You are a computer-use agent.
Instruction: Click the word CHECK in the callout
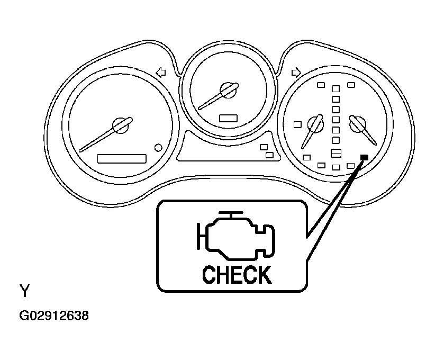point(237,275)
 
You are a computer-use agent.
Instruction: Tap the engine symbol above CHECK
point(236,236)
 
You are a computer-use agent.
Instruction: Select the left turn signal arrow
point(161,73)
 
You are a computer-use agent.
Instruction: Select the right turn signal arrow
point(296,73)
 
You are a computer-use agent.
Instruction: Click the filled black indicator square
point(364,157)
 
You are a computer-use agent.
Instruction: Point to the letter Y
point(24,291)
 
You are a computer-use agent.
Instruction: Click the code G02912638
point(54,316)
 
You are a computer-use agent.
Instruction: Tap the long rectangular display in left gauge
point(122,159)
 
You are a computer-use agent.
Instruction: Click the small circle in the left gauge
point(158,148)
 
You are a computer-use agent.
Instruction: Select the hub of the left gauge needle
point(121,125)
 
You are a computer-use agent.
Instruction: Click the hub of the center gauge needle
point(228,90)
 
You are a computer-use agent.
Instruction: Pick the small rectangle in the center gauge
point(228,118)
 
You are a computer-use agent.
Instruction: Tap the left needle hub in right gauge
point(316,124)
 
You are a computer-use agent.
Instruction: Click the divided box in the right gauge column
point(336,153)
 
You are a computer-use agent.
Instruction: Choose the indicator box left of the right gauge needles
point(298,124)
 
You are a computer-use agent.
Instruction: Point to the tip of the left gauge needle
point(80,151)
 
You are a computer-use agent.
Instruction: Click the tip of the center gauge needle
point(200,108)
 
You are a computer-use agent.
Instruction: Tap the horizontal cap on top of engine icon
point(231,213)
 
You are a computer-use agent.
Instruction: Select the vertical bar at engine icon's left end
point(198,236)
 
